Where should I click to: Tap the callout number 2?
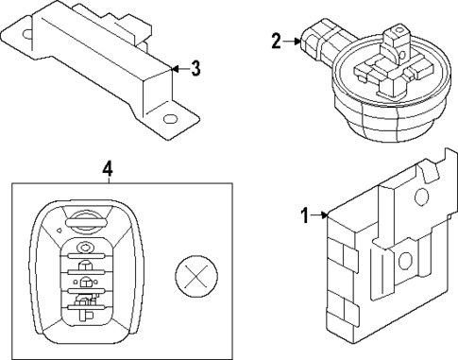(x=276, y=41)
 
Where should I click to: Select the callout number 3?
(x=195, y=67)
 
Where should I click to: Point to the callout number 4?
(x=108, y=169)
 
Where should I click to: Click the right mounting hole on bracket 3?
(x=170, y=120)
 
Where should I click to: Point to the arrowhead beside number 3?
(x=175, y=67)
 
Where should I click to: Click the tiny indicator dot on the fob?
(x=59, y=228)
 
